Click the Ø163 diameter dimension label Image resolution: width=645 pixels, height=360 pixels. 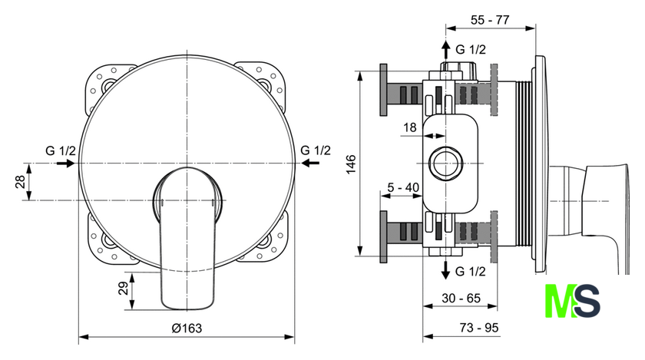pyautogui.click(x=187, y=329)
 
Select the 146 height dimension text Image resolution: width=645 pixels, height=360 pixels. pyautogui.click(x=351, y=164)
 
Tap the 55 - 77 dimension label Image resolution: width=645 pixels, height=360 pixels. pyautogui.click(x=490, y=20)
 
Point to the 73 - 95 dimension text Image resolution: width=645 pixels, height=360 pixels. pyautogui.click(x=479, y=328)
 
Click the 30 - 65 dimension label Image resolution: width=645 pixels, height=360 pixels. pyautogui.click(x=461, y=298)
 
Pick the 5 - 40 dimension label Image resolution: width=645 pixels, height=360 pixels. pyautogui.click(x=403, y=187)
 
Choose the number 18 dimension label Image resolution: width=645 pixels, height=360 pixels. pyautogui.click(x=410, y=127)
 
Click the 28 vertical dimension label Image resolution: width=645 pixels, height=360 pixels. pyautogui.click(x=20, y=181)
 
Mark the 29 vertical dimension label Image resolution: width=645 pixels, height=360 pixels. pyautogui.click(x=124, y=288)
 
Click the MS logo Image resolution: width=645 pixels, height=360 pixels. pyautogui.click(x=572, y=301)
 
